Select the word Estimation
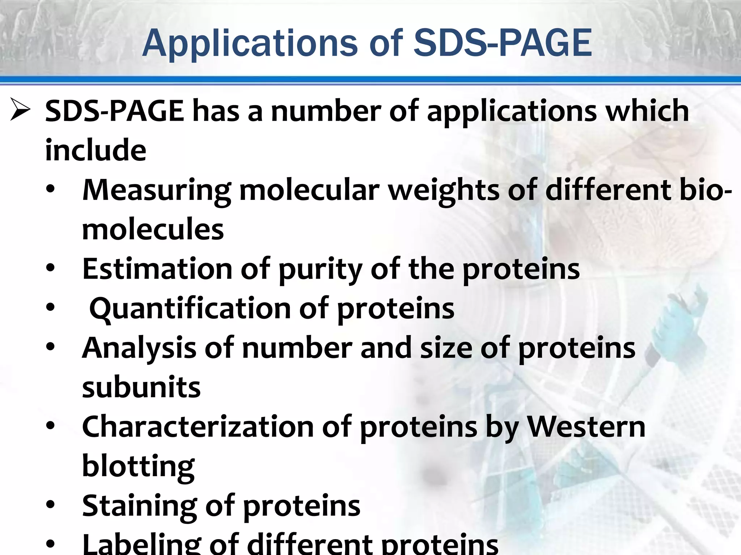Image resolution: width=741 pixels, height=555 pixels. pyautogui.click(x=157, y=269)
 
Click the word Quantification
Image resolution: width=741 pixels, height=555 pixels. pyautogui.click(x=190, y=308)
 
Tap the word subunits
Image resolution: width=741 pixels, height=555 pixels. pyautogui.click(x=141, y=387)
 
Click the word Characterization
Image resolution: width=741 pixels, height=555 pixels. pyautogui.click(x=198, y=427)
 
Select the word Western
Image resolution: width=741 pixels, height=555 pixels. pyautogui.click(x=586, y=427)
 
